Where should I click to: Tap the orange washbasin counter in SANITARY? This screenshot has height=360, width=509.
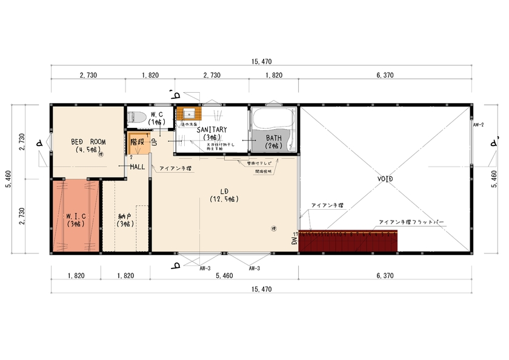point(188,114)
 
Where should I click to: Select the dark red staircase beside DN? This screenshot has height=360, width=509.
point(348,241)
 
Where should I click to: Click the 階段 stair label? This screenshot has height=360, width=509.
point(137,141)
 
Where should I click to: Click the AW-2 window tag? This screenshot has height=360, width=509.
point(478,124)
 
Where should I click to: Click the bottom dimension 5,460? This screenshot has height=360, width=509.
point(224,276)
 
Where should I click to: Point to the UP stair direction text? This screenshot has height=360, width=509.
point(154,142)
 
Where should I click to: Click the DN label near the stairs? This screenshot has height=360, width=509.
point(294,241)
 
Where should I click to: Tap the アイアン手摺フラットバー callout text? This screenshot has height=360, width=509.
point(411,222)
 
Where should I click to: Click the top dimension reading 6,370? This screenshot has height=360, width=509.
point(385,75)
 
